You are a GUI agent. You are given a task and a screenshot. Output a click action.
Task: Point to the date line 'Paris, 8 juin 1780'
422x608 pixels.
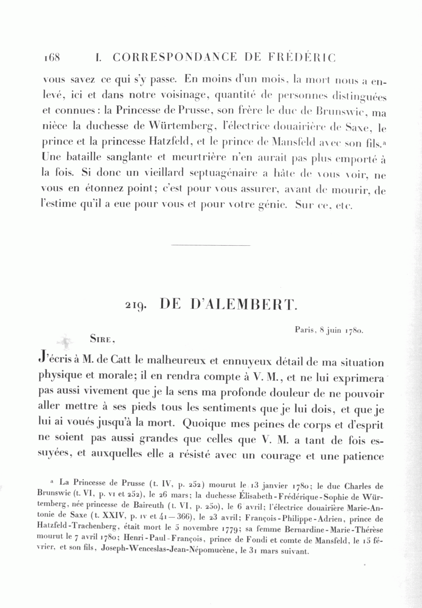coord(329,330)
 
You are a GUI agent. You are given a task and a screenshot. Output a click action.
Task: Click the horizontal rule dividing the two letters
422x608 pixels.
coord(211,245)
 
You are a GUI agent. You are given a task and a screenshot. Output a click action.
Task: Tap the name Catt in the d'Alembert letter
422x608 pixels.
coord(111,362)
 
